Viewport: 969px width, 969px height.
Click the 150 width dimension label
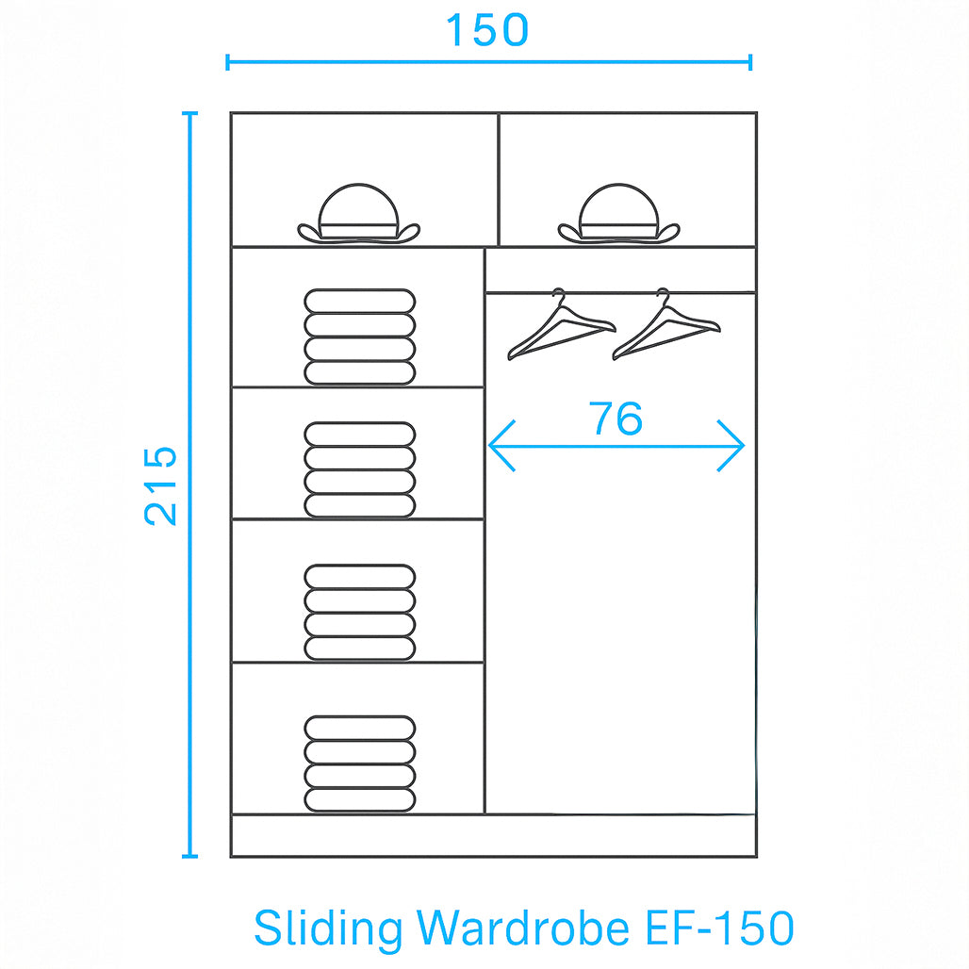tap(486, 30)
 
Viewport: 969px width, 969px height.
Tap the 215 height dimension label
tap(161, 484)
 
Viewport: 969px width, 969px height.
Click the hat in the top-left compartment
tap(358, 216)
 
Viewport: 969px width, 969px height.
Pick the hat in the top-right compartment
tap(618, 216)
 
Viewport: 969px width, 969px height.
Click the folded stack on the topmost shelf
tap(359, 337)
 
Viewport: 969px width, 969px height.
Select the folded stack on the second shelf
tap(359, 469)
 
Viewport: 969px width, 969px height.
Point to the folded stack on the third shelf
tap(359, 612)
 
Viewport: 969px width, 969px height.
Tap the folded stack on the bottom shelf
tap(359, 764)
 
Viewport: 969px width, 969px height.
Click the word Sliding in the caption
tap(327, 928)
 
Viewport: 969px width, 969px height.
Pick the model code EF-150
tap(720, 928)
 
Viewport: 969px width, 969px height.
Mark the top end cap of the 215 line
tap(190, 113)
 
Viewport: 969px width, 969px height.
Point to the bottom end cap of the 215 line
tap(190, 856)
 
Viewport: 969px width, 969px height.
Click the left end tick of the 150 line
tap(228, 62)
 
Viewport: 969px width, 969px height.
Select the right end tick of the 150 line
tap(750, 62)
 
